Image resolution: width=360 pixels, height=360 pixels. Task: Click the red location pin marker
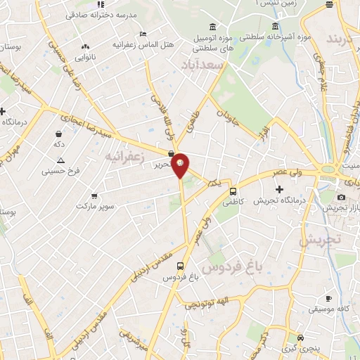click(x=181, y=165)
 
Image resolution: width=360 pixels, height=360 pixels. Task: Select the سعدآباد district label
click(x=221, y=65)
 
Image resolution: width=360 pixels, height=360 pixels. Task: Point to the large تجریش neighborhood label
click(x=319, y=238)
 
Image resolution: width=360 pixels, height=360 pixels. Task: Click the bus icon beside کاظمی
click(x=233, y=191)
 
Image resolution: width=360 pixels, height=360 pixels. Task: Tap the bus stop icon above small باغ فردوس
click(x=181, y=266)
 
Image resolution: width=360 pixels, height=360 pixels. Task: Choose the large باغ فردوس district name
click(x=229, y=267)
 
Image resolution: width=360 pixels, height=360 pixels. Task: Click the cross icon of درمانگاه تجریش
click(x=279, y=189)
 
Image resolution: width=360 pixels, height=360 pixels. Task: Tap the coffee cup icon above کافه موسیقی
click(x=328, y=298)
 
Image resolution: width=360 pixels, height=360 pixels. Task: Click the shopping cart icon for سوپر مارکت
click(x=94, y=196)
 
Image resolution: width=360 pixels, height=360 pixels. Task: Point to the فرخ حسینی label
click(x=60, y=170)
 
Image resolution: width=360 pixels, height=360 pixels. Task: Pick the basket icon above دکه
click(x=59, y=132)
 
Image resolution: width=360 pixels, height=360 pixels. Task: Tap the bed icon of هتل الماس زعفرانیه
click(x=143, y=33)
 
